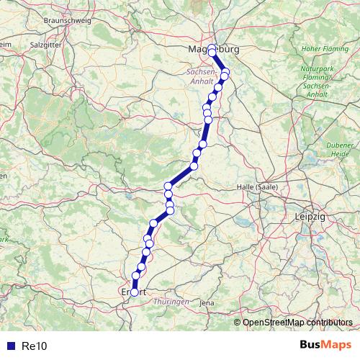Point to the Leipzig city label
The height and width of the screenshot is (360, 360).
[310, 216]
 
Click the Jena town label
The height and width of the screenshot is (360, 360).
[207, 303]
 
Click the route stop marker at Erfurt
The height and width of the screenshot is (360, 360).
[134, 292]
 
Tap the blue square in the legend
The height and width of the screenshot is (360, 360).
[9, 346]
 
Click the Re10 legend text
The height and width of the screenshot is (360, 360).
[34, 346]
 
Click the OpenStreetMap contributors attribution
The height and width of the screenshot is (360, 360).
[298, 323]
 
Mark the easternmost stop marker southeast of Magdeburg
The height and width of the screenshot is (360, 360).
[225, 76]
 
